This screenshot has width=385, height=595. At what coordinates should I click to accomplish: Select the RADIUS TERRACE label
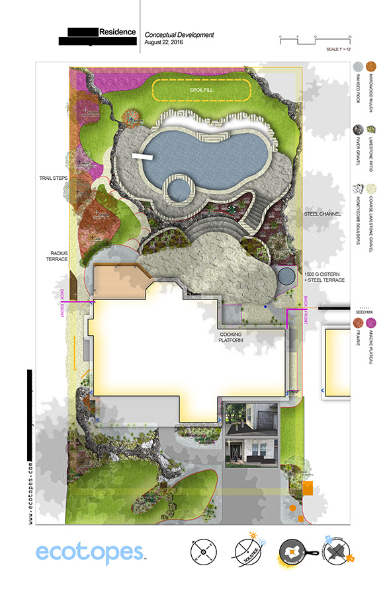[x=58, y=256]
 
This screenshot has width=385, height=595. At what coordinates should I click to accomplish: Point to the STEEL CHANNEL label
[x=323, y=214]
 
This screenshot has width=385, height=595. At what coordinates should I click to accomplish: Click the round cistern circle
[x=285, y=276]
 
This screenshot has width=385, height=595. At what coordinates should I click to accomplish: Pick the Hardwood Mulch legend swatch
[x=372, y=67]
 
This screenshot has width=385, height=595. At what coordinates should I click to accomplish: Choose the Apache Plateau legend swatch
[x=372, y=323]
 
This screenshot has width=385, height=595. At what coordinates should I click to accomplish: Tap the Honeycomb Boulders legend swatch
[x=357, y=192]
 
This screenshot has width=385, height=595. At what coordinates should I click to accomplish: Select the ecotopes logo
[x=89, y=552]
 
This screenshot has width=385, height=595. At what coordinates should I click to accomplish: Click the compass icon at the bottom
[x=204, y=551]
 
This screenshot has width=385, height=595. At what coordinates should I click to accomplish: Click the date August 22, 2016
[x=164, y=42]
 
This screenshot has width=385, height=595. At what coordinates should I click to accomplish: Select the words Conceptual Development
[x=179, y=34]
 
